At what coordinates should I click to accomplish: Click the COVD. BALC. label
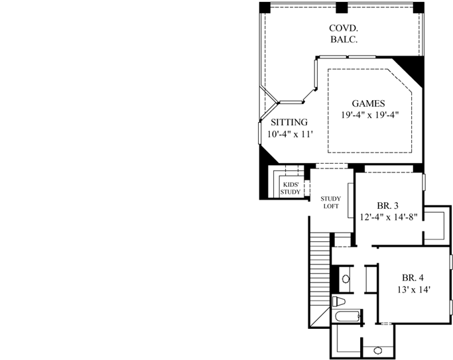(344, 33)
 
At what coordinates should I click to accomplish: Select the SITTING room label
(289, 122)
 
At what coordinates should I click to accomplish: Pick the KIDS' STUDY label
(290, 188)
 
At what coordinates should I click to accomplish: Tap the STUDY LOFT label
(330, 202)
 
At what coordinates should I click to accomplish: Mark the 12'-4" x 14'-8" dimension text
(390, 217)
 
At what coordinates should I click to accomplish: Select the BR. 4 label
(414, 278)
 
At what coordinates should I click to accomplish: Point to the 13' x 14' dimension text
(414, 290)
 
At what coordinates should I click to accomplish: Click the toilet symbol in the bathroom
(339, 302)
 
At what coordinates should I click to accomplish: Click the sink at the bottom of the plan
(377, 350)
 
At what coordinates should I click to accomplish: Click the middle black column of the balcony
(342, 7)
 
